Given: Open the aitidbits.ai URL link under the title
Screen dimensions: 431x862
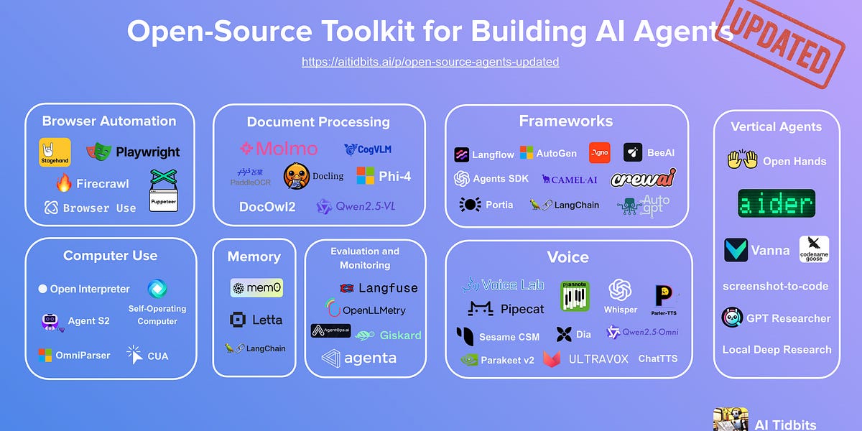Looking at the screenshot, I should [430, 62].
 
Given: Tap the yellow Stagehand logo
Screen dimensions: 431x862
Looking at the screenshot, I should [55, 152].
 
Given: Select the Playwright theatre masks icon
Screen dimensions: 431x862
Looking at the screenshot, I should [99, 152].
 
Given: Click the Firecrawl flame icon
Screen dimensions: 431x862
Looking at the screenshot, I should [65, 183].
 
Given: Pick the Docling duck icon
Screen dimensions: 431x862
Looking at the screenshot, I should [297, 177].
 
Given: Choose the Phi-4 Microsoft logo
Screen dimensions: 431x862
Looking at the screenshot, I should [366, 176].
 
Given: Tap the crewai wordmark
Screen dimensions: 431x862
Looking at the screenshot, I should [643, 179].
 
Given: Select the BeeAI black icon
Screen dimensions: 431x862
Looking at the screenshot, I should [633, 152].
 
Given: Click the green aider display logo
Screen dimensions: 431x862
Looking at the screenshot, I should [777, 203].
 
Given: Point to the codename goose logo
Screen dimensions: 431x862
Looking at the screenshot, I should [814, 249].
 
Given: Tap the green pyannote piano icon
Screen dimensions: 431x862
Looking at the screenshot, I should [575, 296].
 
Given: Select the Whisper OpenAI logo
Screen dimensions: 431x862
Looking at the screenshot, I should [620, 291].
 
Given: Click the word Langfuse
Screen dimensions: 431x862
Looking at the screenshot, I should [388, 288].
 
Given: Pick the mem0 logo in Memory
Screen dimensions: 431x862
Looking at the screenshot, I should [256, 288].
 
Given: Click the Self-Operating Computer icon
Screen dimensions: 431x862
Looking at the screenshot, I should [157, 289].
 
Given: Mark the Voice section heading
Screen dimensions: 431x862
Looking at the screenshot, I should [568, 257].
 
